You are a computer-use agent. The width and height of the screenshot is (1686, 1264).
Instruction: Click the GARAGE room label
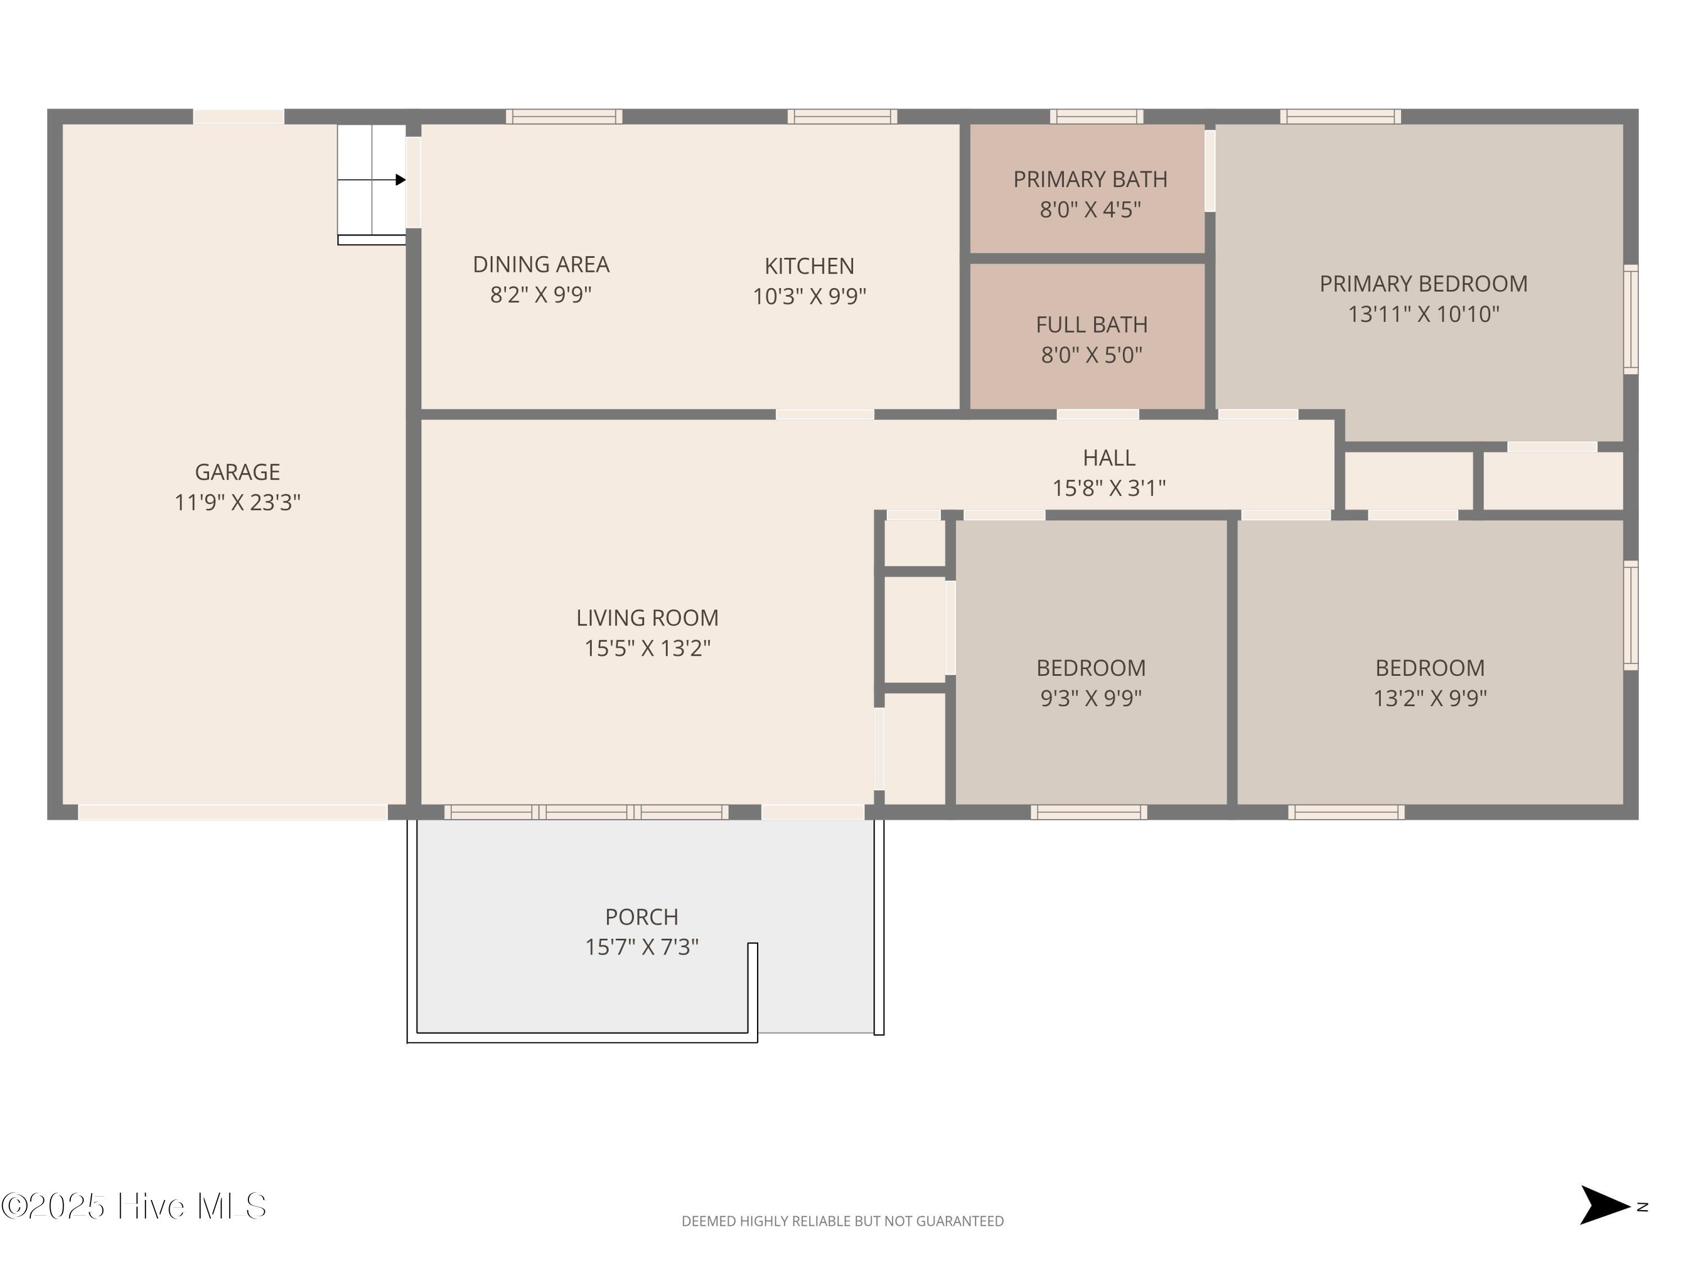point(237,472)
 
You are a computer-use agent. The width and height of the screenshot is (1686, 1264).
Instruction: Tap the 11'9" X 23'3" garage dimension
point(238,503)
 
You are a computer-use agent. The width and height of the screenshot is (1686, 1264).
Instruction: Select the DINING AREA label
point(541,265)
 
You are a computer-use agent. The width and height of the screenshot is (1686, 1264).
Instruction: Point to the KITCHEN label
point(809,266)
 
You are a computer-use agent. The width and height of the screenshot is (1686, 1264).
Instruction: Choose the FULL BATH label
point(1091,325)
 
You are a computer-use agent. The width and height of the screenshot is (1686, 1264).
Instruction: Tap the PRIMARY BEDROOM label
point(1424,284)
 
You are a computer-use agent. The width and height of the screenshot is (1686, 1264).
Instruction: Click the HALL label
point(1109,458)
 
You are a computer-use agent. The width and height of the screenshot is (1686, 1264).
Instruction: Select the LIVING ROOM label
point(647,618)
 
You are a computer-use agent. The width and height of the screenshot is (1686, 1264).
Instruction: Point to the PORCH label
point(642,917)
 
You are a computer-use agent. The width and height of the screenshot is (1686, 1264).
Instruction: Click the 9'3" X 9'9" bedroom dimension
point(1091,698)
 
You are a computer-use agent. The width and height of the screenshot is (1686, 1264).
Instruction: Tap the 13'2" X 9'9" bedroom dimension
point(1430,698)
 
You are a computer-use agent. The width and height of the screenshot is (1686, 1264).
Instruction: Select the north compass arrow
point(1604,1206)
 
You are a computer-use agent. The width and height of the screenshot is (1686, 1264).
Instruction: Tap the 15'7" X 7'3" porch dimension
point(642,947)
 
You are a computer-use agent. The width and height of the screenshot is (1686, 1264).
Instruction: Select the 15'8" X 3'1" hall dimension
point(1109,488)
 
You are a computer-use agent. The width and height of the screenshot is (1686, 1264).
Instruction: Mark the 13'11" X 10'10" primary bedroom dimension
point(1424,314)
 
